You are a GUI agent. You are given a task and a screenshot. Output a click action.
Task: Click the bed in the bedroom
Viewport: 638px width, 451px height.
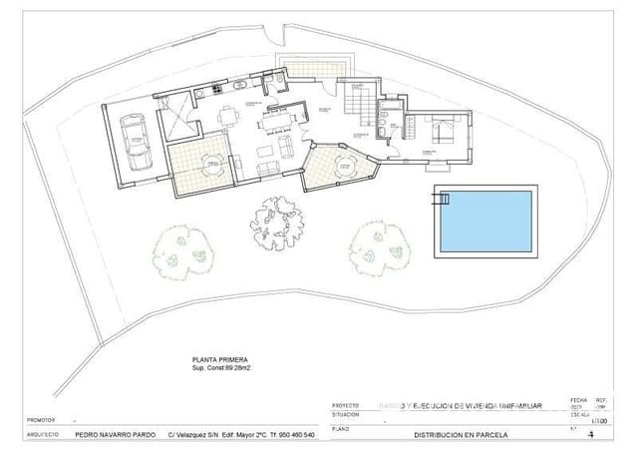pos(442,129)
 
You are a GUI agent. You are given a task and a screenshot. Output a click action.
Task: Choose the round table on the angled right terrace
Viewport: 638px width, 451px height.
pos(341,164)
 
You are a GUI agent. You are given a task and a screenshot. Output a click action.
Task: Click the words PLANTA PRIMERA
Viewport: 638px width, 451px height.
pos(219,358)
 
